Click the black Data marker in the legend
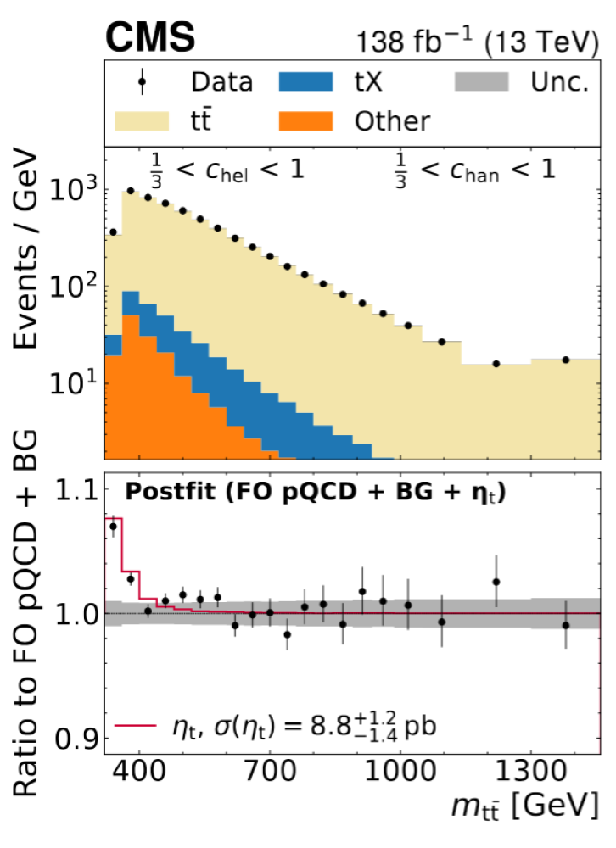(143, 82)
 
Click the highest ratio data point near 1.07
(113, 526)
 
